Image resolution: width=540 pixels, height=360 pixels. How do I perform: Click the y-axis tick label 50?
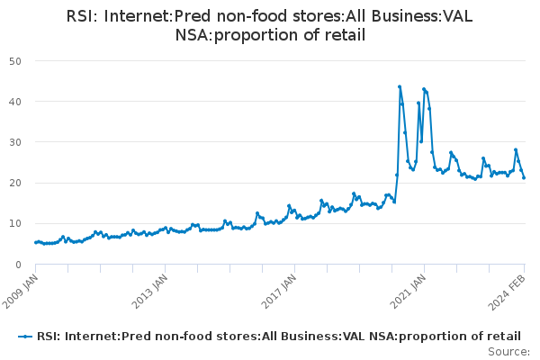[x=15, y=61]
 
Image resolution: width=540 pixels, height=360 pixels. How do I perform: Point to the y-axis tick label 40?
[x=15, y=102]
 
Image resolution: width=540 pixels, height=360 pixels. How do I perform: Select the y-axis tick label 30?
[x=15, y=142]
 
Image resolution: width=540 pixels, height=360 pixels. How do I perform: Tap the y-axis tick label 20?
[x=15, y=183]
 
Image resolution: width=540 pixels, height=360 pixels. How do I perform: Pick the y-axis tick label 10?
[x=15, y=224]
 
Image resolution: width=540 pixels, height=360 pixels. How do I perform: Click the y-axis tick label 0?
[x=19, y=265]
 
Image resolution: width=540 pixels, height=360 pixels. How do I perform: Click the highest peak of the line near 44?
[x=400, y=87]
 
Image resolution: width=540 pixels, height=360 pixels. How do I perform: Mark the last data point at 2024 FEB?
[x=524, y=177]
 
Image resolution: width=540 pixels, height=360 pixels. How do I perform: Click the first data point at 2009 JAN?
[x=36, y=242]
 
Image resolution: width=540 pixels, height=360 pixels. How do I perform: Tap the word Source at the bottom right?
[x=509, y=351]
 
